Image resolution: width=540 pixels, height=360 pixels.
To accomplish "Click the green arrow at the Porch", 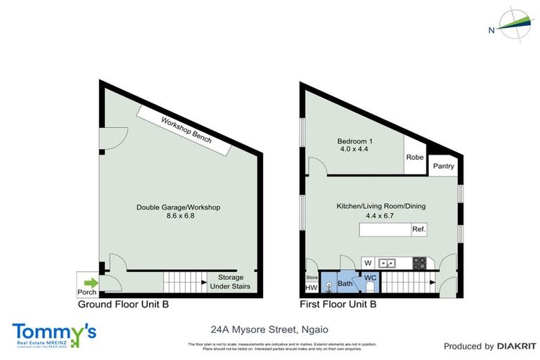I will pyautogui.click(x=91, y=283).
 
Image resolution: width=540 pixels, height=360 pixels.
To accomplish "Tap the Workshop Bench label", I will pyautogui.click(x=186, y=131).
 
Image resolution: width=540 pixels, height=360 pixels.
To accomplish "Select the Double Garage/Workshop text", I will pyautogui.click(x=179, y=207).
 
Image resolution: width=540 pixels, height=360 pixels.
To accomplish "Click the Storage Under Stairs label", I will pyautogui.click(x=231, y=282).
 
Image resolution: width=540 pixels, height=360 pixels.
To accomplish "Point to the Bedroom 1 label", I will pyautogui.click(x=355, y=142).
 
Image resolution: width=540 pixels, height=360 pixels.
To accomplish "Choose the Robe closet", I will pyautogui.click(x=415, y=157).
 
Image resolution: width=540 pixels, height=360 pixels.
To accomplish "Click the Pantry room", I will pyautogui.click(x=444, y=167).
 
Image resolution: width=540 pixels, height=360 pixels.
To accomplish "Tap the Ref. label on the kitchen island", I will pyautogui.click(x=419, y=230).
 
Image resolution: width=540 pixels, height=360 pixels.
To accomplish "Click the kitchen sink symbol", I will pyautogui.click(x=387, y=263).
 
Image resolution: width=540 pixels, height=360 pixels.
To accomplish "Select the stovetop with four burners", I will pyautogui.click(x=419, y=264).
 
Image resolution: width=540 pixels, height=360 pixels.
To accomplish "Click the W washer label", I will pyautogui.click(x=367, y=263).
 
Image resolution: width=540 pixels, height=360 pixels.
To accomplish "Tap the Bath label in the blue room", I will pyautogui.click(x=345, y=283).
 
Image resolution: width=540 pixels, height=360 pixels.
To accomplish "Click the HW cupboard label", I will pyautogui.click(x=311, y=288).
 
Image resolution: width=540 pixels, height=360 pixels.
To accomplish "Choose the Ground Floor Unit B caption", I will pyautogui.click(x=123, y=305).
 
